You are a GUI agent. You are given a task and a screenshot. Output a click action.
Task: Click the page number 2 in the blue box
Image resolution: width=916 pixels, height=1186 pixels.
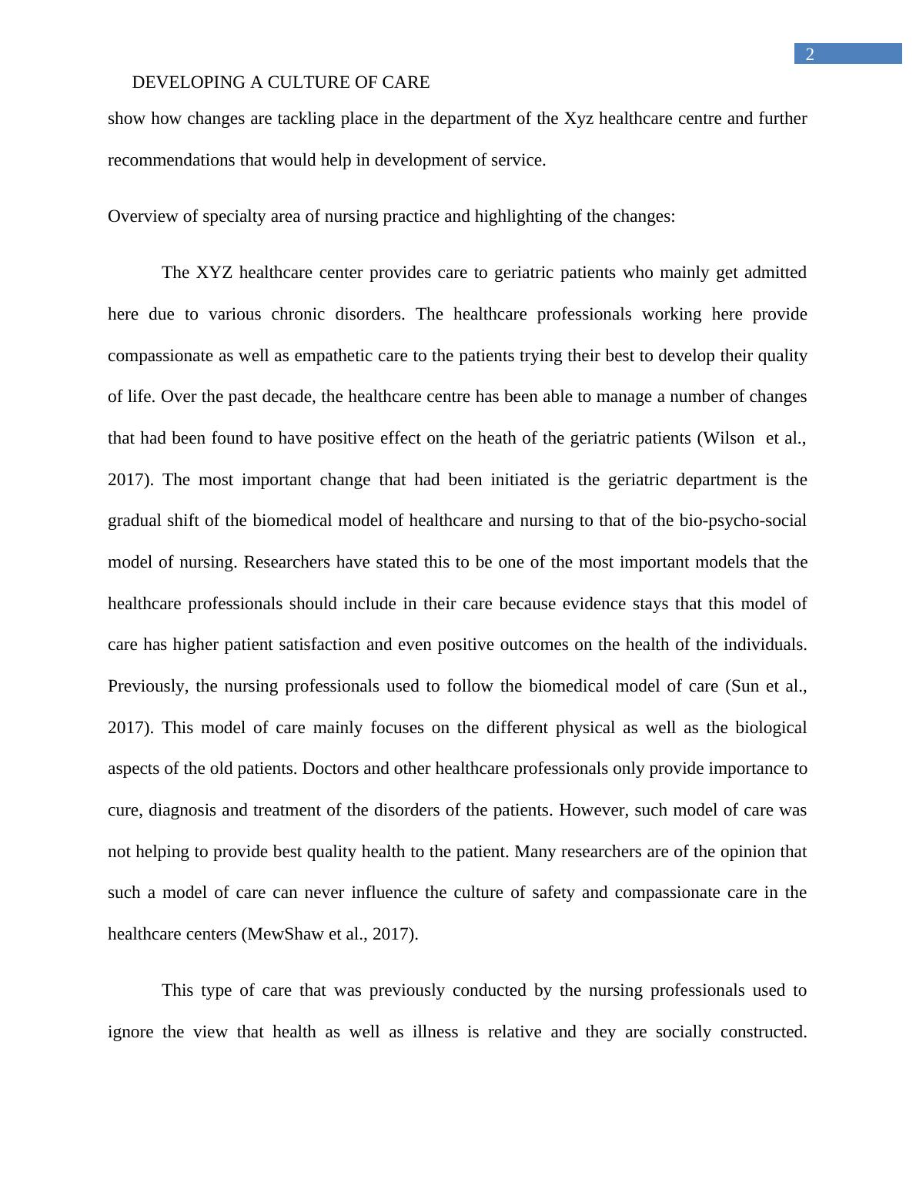point(810,54)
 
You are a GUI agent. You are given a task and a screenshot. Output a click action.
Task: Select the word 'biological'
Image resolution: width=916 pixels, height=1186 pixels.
point(771,728)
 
